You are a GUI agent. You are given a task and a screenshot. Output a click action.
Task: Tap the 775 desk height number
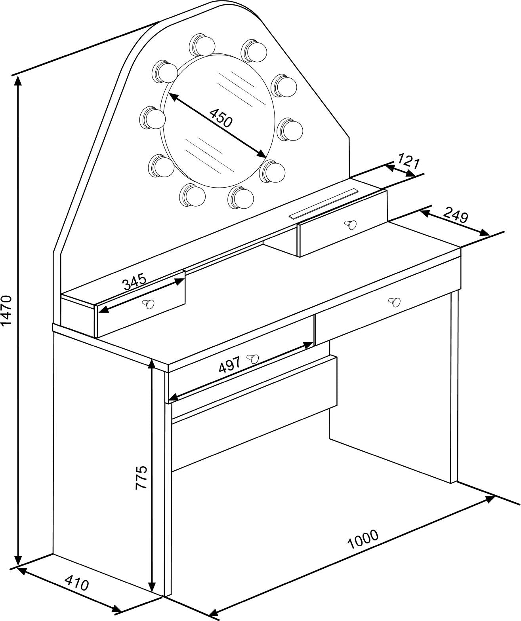(x=141, y=477)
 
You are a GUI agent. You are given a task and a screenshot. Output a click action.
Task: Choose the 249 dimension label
(x=456, y=215)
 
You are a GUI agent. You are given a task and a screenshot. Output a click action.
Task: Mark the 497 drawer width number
(x=229, y=365)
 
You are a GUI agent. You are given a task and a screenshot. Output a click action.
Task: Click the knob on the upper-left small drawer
(x=149, y=304)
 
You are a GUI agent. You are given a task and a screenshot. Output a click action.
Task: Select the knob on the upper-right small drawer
(x=350, y=224)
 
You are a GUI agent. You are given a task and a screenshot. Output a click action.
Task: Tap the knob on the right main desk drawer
(x=394, y=302)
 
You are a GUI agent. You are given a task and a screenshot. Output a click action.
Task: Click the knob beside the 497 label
(x=253, y=359)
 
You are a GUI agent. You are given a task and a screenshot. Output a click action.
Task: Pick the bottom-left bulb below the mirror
(x=193, y=195)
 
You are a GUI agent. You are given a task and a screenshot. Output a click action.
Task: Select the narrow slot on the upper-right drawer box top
(x=324, y=203)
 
